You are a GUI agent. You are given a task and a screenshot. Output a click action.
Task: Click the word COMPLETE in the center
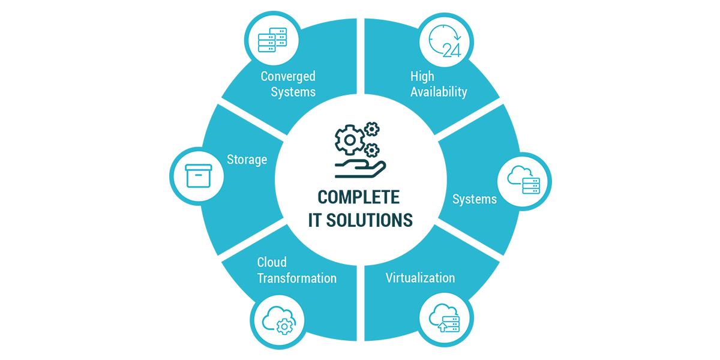pos(358,197)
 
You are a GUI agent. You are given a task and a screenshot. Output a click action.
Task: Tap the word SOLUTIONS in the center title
pos(370,220)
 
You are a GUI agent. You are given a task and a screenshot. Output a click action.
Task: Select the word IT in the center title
pos(314,220)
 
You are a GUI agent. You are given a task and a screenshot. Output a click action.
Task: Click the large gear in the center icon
pos(350,140)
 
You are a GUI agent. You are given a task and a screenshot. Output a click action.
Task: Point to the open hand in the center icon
pos(360,169)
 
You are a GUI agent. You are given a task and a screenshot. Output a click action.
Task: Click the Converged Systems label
pos(288,84)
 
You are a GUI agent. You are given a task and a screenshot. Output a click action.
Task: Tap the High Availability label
pos(439,84)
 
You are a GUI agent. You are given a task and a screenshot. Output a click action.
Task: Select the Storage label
pos(247,160)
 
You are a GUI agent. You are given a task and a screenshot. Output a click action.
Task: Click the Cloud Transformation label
pos(296,271)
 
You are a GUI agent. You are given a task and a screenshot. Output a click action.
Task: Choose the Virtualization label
pos(421,278)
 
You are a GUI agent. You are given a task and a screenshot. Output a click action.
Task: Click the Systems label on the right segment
pos(475,199)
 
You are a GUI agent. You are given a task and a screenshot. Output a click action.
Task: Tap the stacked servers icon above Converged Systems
pos(272,40)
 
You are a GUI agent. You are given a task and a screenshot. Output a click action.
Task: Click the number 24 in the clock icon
pos(452,50)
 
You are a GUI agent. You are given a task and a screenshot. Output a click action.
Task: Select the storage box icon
pos(199,176)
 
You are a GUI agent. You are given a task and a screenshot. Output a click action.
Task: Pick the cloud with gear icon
pos(278,320)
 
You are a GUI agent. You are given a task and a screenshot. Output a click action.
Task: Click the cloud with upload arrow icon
pos(445,318)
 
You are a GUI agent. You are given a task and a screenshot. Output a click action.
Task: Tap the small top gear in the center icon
pos(372,129)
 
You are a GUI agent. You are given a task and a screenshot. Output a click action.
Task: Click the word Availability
pos(439,92)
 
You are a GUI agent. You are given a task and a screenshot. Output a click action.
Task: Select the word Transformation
pos(296,278)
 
